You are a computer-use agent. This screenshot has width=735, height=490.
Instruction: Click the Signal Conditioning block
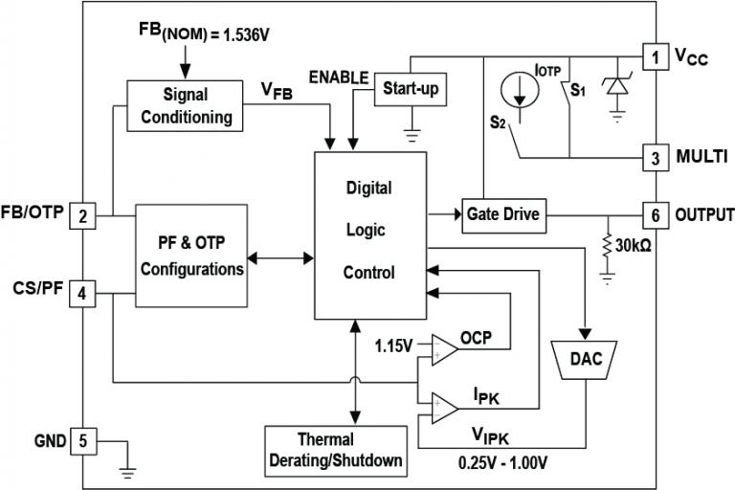point(185,106)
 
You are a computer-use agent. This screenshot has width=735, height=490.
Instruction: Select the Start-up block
point(411,88)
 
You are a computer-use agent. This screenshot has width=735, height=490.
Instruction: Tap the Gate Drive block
point(502,215)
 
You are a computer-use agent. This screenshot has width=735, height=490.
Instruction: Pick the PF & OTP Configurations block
point(192,256)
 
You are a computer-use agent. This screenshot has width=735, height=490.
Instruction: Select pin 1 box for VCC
point(655,57)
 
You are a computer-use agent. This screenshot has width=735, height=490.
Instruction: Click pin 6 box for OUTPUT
point(655,214)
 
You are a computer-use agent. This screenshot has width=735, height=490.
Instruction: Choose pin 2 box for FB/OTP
point(83,216)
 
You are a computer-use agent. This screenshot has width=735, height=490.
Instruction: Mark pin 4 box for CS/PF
point(83,293)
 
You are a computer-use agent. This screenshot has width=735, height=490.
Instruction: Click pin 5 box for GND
point(83,441)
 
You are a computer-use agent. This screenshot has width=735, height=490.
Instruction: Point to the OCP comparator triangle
point(443,348)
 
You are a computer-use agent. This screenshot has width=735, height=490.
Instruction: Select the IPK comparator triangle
point(443,408)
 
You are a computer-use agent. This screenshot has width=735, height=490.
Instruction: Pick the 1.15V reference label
point(394,343)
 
